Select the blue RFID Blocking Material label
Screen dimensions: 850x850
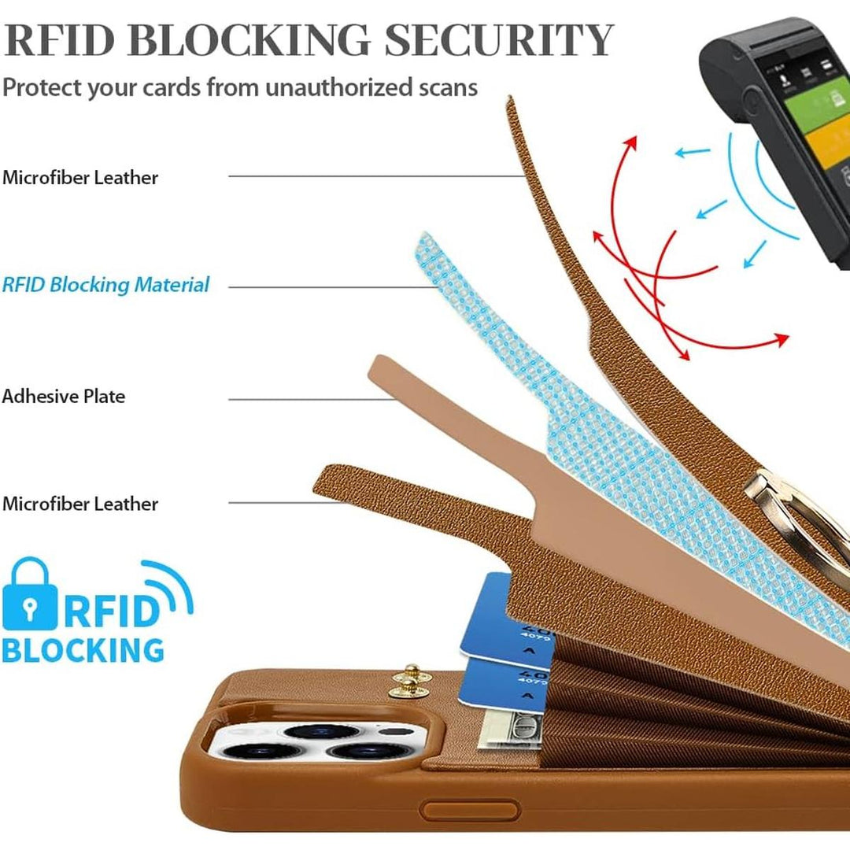click(x=106, y=284)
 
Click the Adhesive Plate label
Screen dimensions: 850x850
click(x=64, y=396)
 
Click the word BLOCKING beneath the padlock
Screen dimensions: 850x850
click(x=83, y=651)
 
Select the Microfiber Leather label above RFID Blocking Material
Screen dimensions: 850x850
click(x=80, y=177)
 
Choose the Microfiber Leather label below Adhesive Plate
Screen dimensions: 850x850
click(x=80, y=504)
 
